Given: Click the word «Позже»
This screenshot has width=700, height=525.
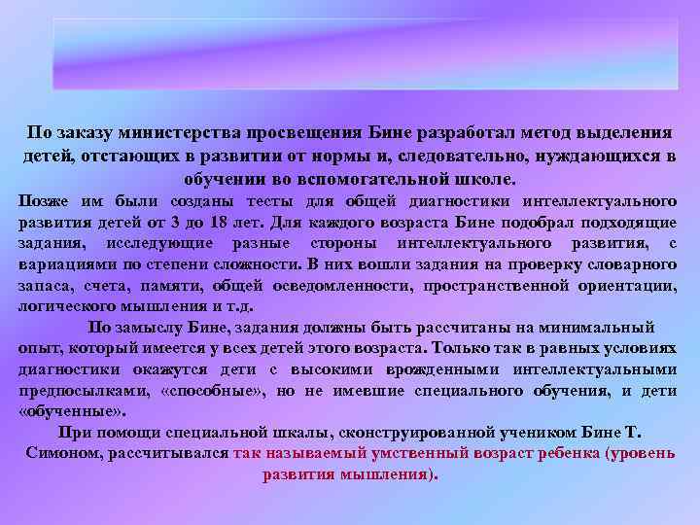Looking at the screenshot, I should (x=44, y=201).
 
